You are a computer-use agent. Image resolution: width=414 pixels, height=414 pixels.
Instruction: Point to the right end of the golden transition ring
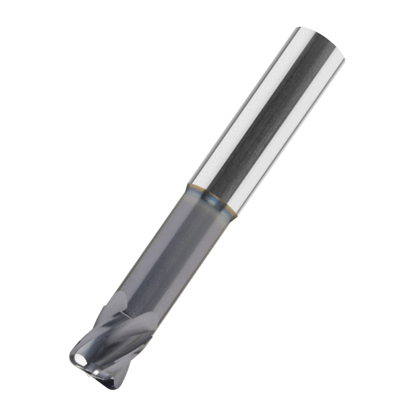click(x=236, y=215)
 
